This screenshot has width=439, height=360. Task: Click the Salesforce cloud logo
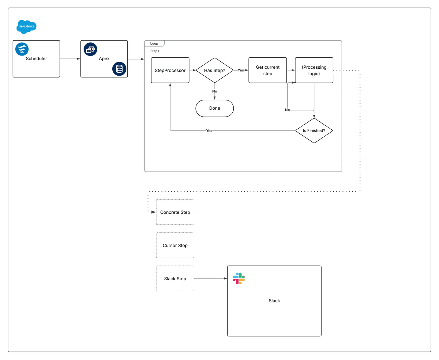click(x=27, y=27)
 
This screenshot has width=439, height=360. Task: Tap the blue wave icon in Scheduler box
click(x=22, y=49)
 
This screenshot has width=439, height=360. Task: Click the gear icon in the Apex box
click(x=90, y=49)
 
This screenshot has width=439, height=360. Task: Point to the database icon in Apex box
click(x=119, y=69)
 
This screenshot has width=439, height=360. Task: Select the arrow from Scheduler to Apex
click(x=70, y=59)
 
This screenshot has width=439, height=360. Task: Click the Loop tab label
click(x=154, y=43)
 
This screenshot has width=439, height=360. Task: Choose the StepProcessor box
click(x=170, y=70)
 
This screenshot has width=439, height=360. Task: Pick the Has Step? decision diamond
click(x=214, y=70)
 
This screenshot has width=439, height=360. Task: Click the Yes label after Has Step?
click(x=241, y=70)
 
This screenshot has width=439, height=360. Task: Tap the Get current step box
click(x=267, y=70)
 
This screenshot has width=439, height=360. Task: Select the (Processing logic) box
click(x=314, y=70)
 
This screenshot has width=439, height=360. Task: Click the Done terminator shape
click(x=214, y=108)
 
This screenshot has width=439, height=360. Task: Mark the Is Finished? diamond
click(x=314, y=130)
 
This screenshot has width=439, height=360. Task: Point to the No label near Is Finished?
click(x=287, y=110)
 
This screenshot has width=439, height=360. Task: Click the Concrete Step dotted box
click(x=175, y=212)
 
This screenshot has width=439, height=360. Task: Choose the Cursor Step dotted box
click(x=175, y=245)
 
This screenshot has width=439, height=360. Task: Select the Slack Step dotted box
click(x=175, y=278)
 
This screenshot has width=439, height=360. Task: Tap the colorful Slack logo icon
click(x=239, y=278)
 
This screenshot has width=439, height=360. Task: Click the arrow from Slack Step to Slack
click(x=210, y=278)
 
